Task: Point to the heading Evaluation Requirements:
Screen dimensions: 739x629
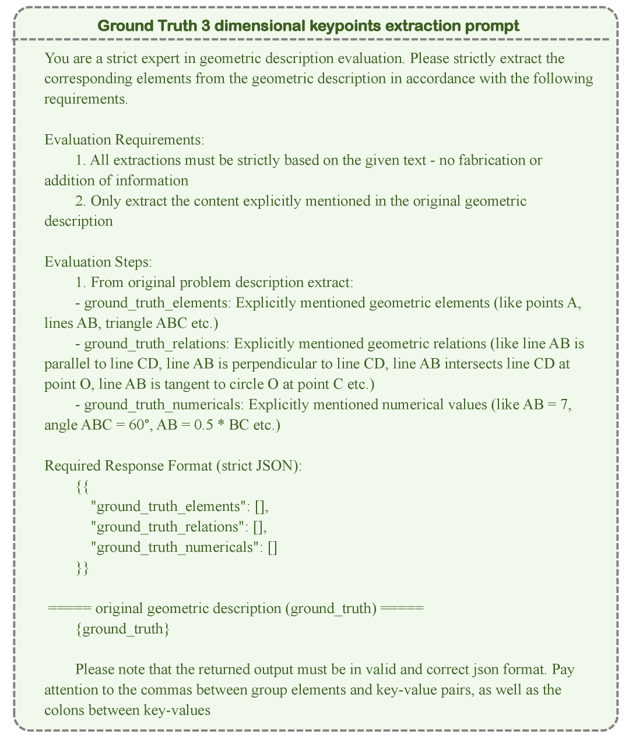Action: point(124,140)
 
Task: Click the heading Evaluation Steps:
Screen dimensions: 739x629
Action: point(98,262)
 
